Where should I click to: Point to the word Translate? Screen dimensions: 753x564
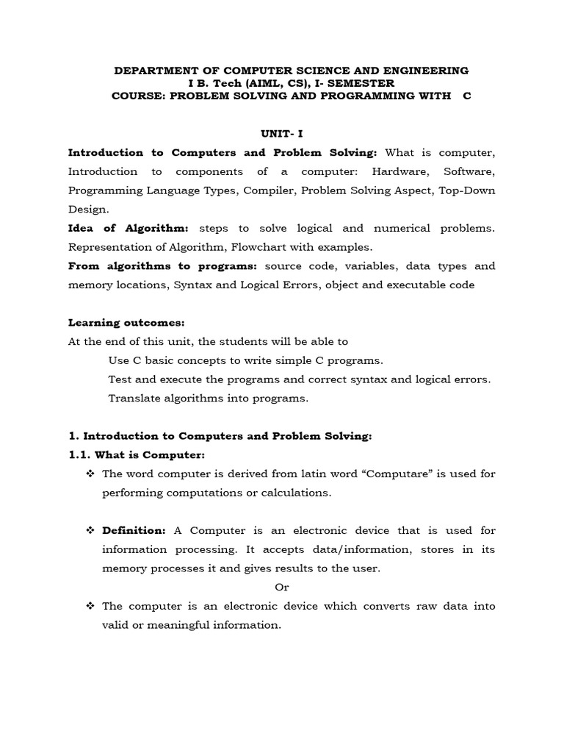tap(132, 399)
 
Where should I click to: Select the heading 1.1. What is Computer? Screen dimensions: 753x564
tap(131, 455)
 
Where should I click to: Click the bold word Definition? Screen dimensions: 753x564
tap(134, 531)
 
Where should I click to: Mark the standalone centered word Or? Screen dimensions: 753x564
tap(282, 588)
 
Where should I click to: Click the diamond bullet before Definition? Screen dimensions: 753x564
tap(91, 531)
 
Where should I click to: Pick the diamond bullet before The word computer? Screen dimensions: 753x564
tap(91, 474)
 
